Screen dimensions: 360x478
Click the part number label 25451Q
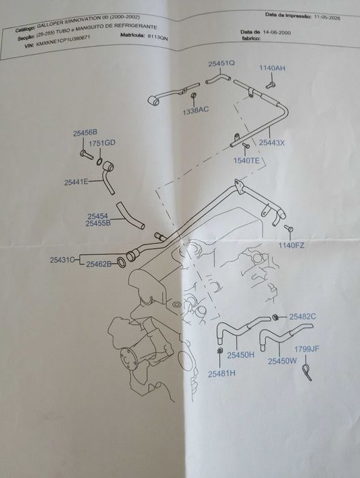221,64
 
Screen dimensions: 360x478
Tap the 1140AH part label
273,68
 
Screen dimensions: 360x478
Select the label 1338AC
196,111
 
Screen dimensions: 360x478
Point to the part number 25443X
271,142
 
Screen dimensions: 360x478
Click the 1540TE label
247,160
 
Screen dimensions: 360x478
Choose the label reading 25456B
85,132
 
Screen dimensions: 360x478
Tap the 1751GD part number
102,143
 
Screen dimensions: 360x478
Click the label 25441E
77,182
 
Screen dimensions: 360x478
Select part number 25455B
98,223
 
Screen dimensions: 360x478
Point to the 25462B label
99,264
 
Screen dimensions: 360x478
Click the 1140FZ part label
291,245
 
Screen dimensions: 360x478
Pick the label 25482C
303,317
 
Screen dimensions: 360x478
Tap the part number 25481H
221,374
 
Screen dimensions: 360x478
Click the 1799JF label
307,349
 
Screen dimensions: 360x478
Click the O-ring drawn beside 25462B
122,262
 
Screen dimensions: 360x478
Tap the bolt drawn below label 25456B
87,154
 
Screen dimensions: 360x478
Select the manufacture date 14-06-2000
277,33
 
